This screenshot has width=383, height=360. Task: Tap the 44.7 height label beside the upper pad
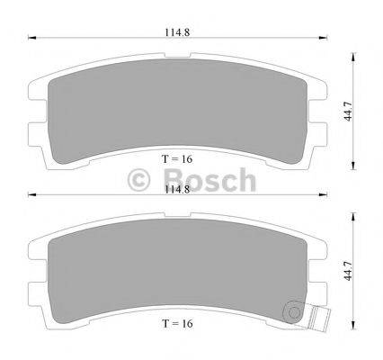(360, 110)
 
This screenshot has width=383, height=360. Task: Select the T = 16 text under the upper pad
(178, 158)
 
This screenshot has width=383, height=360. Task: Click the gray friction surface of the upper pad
(178, 103)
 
